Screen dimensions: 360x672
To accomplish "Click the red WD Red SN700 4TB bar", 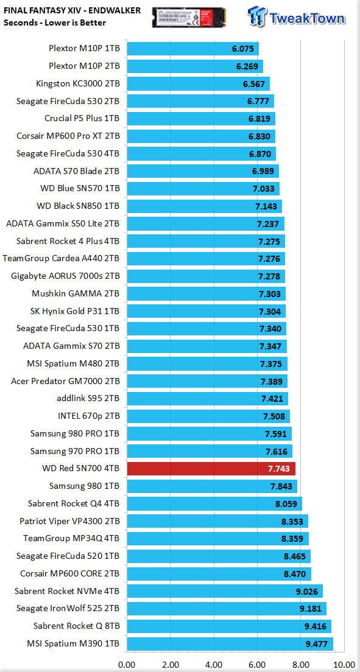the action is click(211, 469).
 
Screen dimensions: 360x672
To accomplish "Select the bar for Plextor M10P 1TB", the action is click(192, 49).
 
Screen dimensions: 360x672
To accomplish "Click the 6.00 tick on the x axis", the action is click(258, 665).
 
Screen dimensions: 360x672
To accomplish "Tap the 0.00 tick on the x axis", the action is click(127, 665).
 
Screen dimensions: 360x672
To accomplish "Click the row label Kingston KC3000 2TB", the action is click(78, 84).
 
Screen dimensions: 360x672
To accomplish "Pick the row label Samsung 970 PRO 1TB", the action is click(75, 451).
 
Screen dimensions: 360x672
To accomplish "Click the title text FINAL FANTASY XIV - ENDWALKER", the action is click(72, 11).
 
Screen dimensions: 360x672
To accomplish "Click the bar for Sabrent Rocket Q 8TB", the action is click(229, 626).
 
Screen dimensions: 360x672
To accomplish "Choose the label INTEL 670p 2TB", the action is click(89, 416).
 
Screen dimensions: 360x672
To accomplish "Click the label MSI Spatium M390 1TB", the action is click(73, 644).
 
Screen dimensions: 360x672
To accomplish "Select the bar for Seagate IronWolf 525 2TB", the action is click(227, 609).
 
